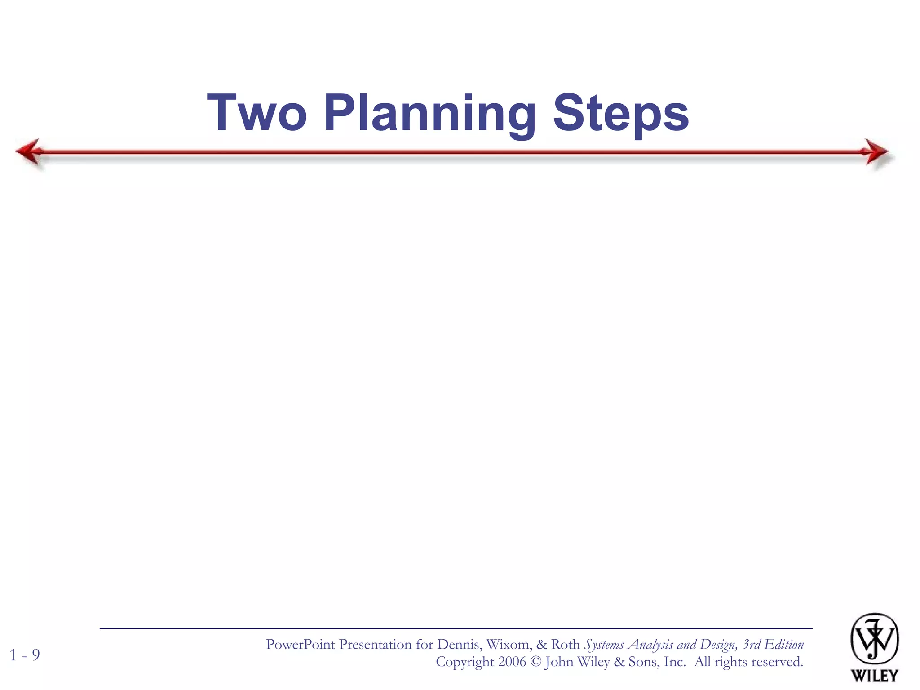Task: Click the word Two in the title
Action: click(257, 113)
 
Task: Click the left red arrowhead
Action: click(28, 151)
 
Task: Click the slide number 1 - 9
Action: click(25, 655)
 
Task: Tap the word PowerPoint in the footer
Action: click(300, 645)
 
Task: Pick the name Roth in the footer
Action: click(565, 645)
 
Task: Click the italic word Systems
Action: click(604, 645)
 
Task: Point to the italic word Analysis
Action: click(651, 645)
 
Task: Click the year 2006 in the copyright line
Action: click(512, 662)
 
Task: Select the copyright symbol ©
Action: click(535, 662)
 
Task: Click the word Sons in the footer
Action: click(643, 662)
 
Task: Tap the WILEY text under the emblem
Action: click(874, 676)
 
